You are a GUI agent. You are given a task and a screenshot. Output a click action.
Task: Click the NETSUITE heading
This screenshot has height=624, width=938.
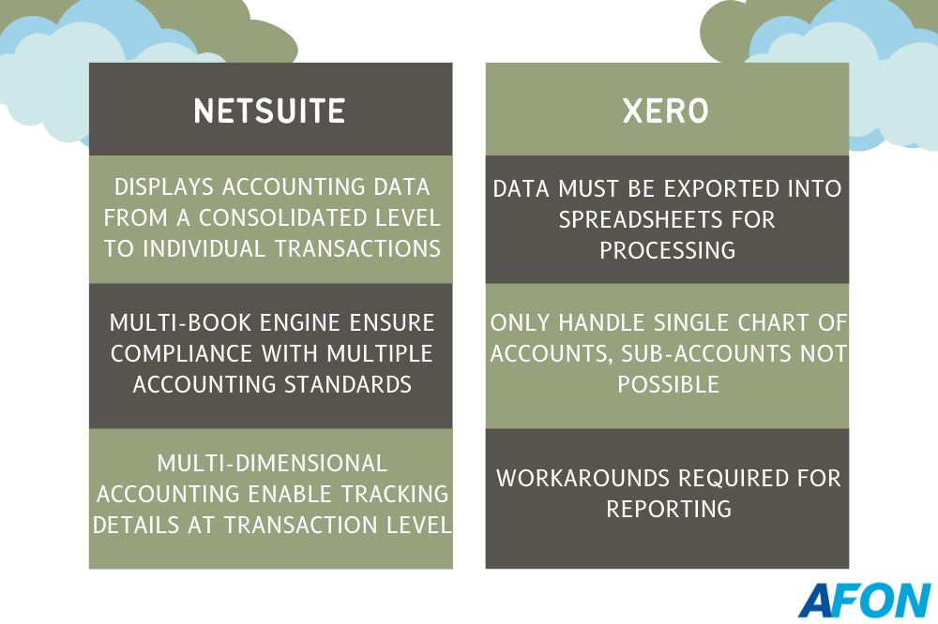[x=269, y=111]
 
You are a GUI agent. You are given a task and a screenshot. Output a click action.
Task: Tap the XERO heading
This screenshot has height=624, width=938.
[x=666, y=111]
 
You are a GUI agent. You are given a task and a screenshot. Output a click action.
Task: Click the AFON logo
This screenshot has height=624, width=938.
[x=865, y=600]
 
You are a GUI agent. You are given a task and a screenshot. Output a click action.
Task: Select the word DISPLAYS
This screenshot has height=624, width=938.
[x=164, y=187]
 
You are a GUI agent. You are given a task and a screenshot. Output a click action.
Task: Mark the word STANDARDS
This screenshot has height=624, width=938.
[x=348, y=384]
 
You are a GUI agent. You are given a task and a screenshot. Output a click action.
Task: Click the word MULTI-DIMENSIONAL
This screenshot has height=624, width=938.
[x=272, y=463]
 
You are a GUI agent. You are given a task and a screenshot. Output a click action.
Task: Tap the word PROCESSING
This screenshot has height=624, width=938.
[x=668, y=250]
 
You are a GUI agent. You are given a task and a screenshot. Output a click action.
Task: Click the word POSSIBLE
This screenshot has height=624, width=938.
[x=668, y=384]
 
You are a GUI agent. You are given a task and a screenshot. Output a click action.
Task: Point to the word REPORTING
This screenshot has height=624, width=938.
[x=669, y=510]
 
